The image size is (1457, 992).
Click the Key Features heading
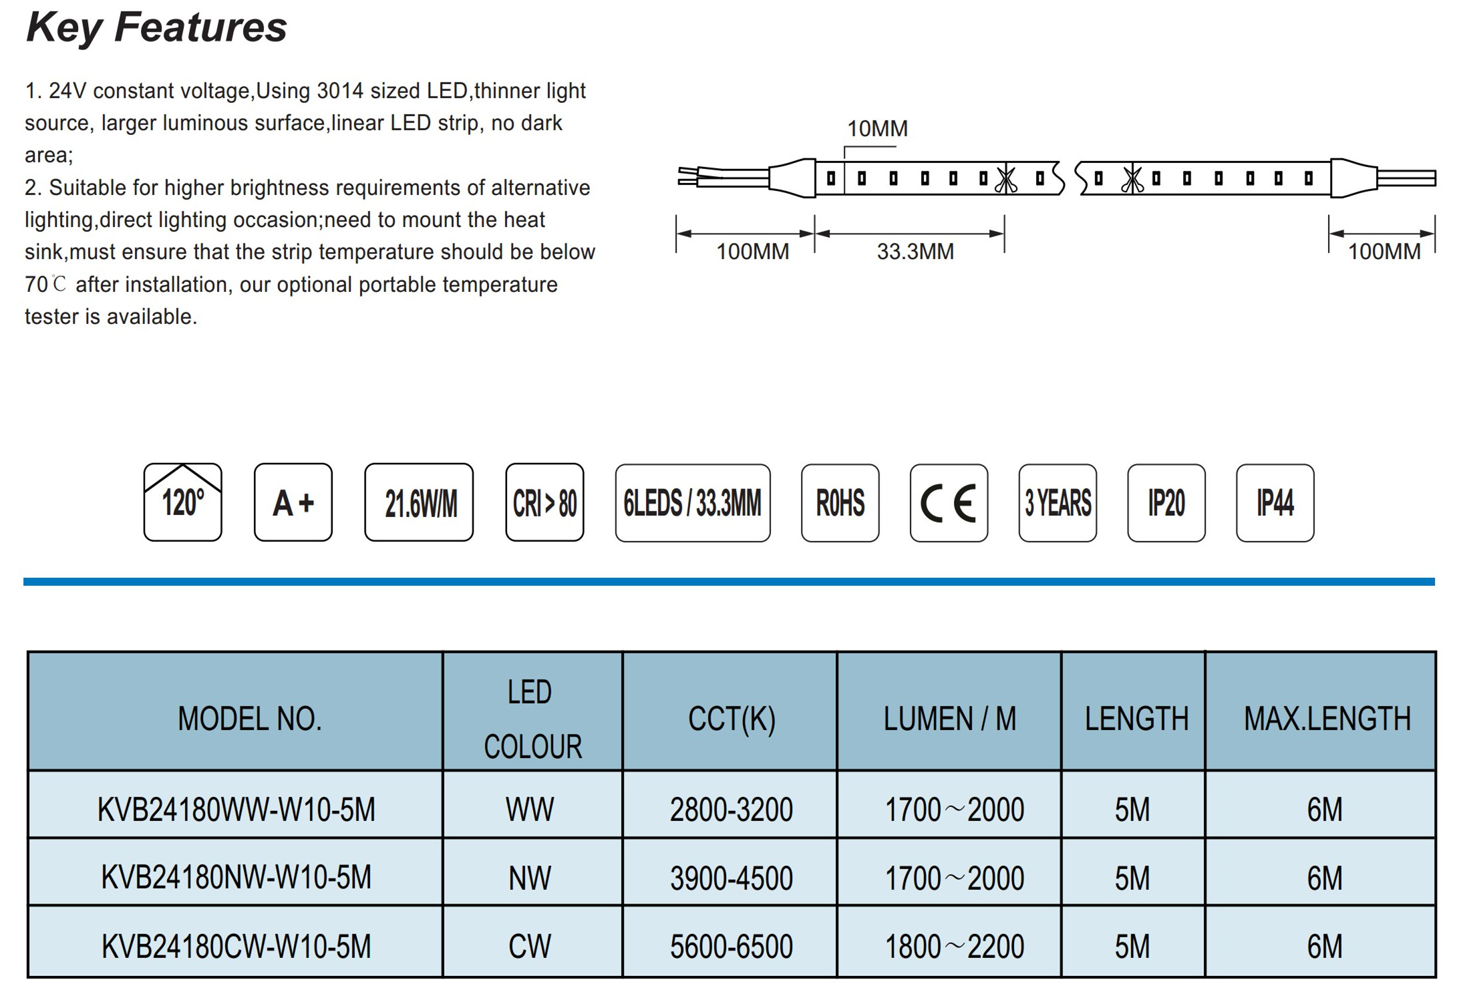tap(156, 28)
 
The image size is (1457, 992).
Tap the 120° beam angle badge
tap(182, 502)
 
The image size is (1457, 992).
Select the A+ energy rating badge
tap(293, 502)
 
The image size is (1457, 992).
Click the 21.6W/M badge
tap(419, 502)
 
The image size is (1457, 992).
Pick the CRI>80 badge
tap(544, 502)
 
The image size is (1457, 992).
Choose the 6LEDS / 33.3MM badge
tap(693, 503)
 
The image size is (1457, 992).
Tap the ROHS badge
tap(840, 503)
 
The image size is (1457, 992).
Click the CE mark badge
tap(949, 503)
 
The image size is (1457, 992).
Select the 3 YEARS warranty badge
tap(1058, 503)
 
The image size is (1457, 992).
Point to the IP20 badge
tap(1166, 503)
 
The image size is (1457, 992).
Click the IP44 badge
tap(1275, 503)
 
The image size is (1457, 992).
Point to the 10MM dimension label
tap(877, 128)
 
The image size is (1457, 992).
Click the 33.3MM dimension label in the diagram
tap(915, 252)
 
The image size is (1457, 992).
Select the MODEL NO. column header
tap(250, 719)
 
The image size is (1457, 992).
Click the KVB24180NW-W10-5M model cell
tap(236, 877)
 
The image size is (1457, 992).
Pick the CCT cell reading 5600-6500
tap(732, 947)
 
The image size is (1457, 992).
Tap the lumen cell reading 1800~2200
tap(954, 947)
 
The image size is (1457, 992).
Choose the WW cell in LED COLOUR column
tap(530, 810)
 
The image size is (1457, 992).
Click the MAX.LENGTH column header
tap(1327, 719)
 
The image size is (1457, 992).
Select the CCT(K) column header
tap(732, 719)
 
